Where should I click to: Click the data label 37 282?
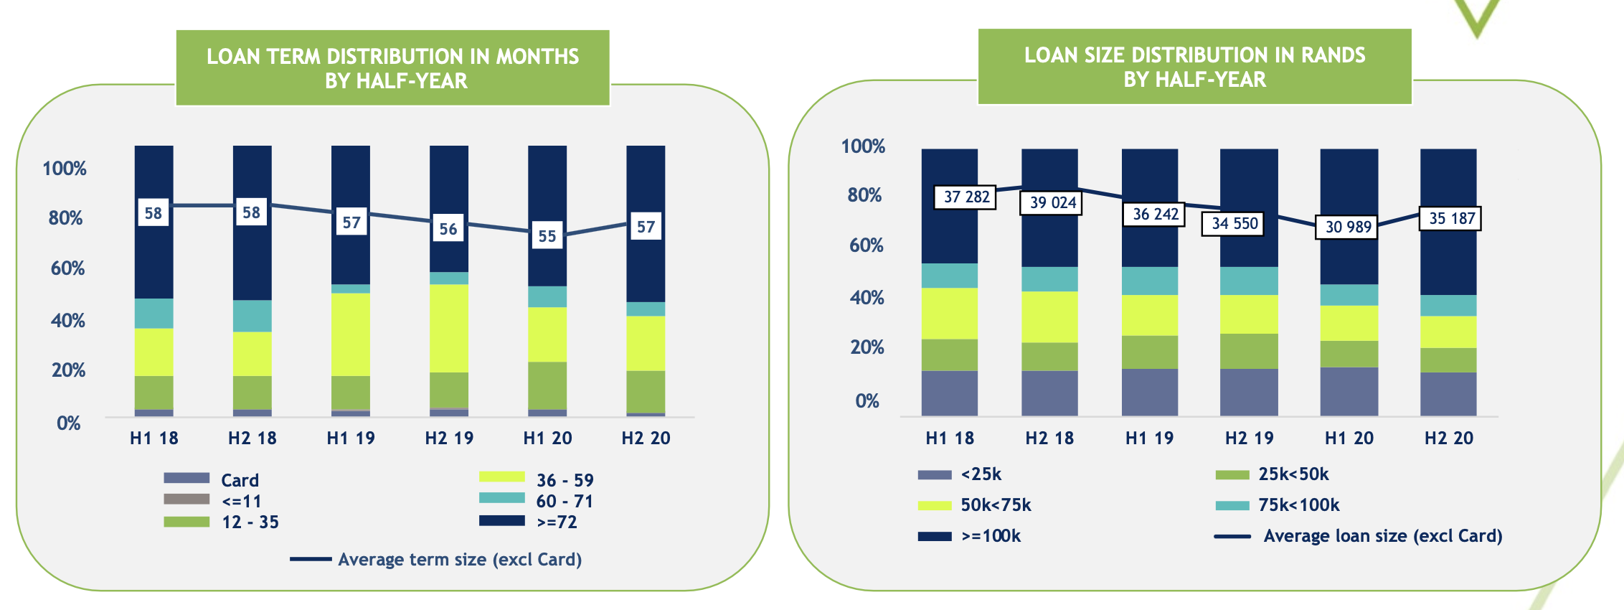click(966, 197)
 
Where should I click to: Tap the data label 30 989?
click(1347, 227)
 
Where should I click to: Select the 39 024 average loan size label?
click(1052, 202)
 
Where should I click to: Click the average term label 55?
click(547, 236)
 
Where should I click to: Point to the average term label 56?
click(448, 229)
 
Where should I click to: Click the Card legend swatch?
click(187, 478)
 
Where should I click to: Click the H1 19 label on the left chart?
click(351, 438)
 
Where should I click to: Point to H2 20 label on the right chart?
click(1448, 438)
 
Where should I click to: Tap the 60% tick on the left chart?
click(67, 268)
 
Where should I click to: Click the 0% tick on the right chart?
click(867, 401)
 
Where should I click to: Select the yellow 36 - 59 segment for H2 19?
click(449, 328)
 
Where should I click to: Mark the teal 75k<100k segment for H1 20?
click(1349, 295)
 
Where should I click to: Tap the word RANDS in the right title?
click(1333, 55)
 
